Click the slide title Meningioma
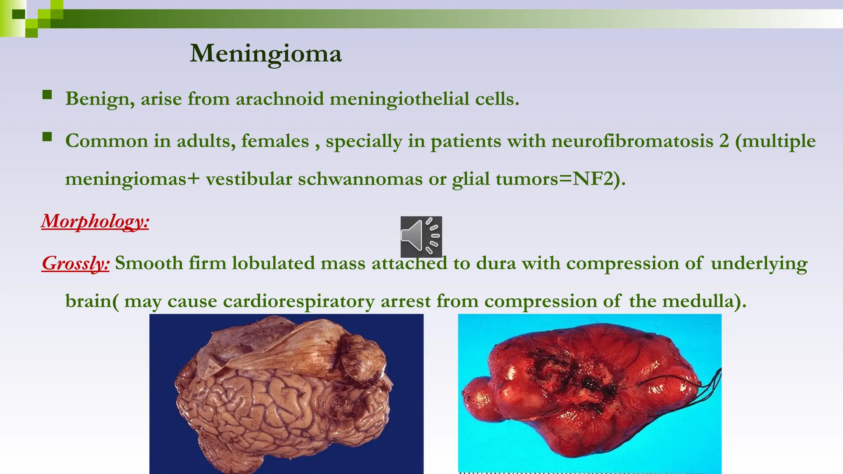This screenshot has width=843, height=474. [265, 53]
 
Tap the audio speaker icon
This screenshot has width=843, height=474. [421, 237]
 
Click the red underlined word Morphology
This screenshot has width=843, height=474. [95, 221]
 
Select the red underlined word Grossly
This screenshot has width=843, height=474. [76, 263]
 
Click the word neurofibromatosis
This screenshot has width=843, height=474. [632, 141]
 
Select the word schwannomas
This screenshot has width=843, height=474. [360, 179]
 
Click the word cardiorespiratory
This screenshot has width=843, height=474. [299, 301]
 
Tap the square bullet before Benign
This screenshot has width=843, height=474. [47, 95]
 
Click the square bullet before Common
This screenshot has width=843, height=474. [47, 137]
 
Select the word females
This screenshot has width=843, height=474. [275, 141]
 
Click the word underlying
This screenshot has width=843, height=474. [759, 263]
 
